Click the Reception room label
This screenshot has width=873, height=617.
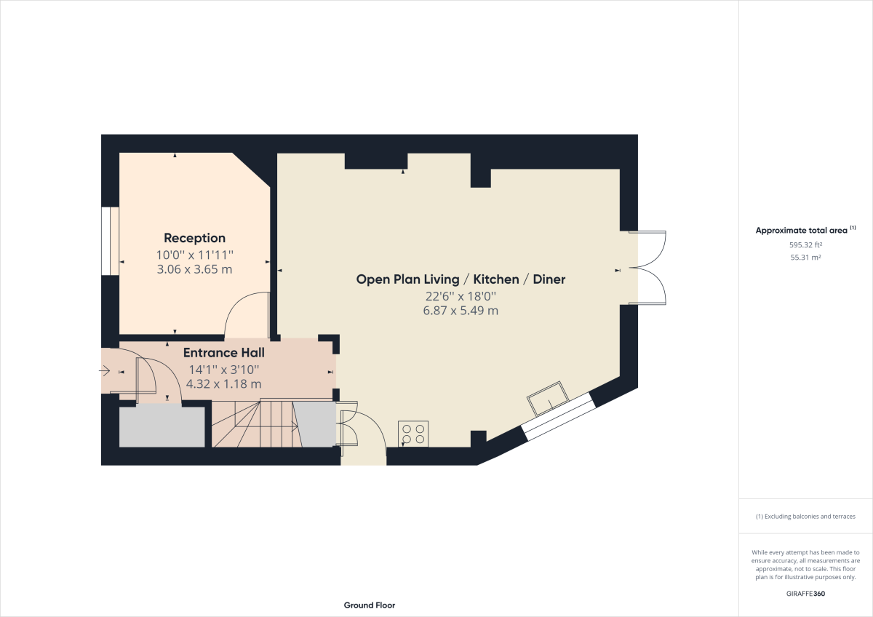[194, 238]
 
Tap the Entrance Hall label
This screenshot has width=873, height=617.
[223, 353]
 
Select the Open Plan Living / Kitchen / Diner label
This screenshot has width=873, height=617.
[461, 279]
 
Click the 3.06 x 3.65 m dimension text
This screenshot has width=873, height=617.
[194, 269]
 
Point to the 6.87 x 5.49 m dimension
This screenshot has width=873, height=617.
[461, 311]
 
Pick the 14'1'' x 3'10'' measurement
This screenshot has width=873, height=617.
[223, 369]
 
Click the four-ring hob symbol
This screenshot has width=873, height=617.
[413, 434]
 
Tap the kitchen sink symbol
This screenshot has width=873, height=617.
[548, 397]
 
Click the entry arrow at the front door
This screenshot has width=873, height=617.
[107, 372]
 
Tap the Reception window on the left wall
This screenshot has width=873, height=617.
[110, 241]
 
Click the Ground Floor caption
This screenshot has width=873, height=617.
[369, 605]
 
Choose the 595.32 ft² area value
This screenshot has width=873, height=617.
[805, 245]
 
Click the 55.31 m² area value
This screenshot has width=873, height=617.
[805, 258]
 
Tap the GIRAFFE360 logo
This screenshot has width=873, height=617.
[805, 594]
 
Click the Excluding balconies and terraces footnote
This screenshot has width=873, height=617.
[805, 517]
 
